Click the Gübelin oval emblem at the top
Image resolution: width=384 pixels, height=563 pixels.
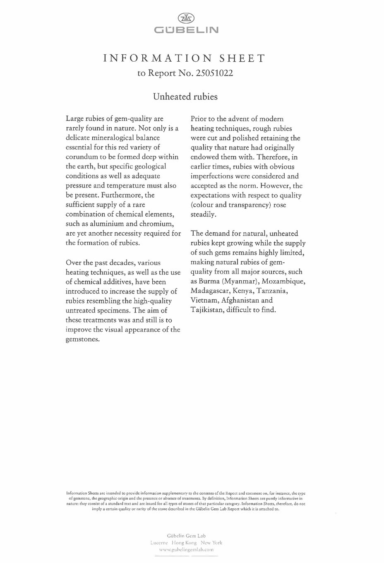coord(186,18)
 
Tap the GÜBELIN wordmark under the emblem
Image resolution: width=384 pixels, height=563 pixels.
coord(186,30)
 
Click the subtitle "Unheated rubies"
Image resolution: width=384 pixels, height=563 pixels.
coord(185,96)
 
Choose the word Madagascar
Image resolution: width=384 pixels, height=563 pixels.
coord(210,291)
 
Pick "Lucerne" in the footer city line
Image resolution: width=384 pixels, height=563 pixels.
coord(159,543)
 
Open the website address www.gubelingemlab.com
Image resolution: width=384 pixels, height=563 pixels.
coord(186,550)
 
